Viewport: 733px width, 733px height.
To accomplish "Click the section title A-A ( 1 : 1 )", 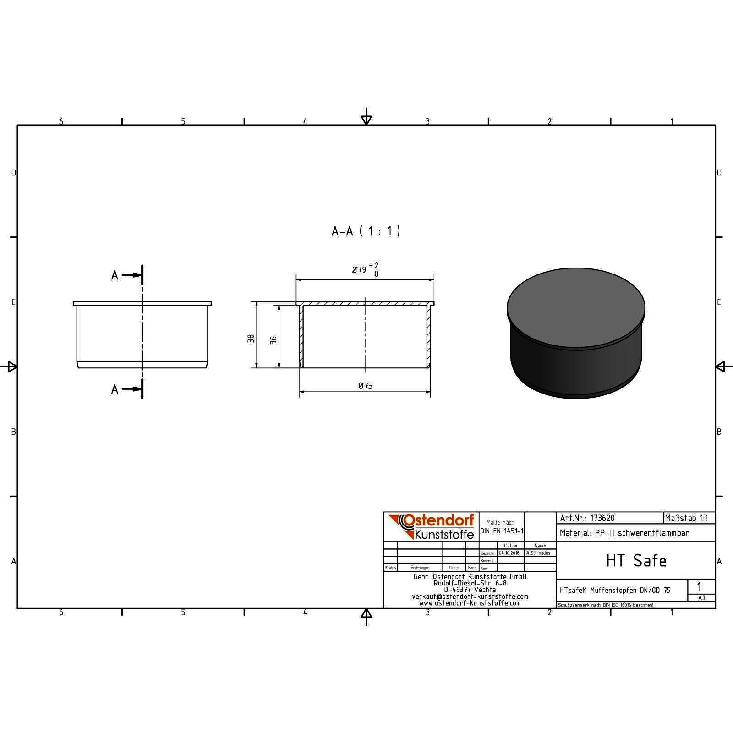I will [x=366, y=231].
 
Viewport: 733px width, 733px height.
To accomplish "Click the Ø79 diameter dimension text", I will [x=359, y=270].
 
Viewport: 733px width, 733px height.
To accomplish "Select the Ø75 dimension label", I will [x=365, y=386].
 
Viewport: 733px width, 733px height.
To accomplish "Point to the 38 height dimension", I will [x=251, y=339].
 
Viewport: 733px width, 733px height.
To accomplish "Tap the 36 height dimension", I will [x=274, y=340].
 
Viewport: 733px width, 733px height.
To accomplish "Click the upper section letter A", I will [x=115, y=275].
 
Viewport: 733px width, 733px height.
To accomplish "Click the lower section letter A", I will [x=115, y=389].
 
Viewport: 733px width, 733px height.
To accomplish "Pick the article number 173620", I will [x=602, y=518].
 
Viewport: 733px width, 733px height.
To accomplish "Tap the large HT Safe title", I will [x=636, y=560].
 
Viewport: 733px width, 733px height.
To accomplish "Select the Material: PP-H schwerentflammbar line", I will [x=624, y=533].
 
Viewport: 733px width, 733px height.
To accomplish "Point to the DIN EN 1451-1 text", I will [x=502, y=531].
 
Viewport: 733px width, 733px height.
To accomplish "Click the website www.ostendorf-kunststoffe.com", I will [x=470, y=603].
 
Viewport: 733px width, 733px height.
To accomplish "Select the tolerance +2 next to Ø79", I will [x=374, y=265].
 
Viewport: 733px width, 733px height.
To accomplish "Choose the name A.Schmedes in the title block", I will [x=538, y=553].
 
